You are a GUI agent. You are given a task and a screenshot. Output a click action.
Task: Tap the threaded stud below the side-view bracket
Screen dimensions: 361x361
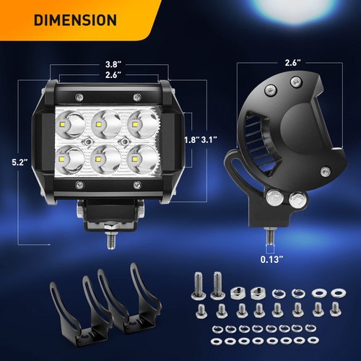pos(269,235)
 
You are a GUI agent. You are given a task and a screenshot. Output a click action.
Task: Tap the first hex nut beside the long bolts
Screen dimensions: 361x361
pos(238,292)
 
